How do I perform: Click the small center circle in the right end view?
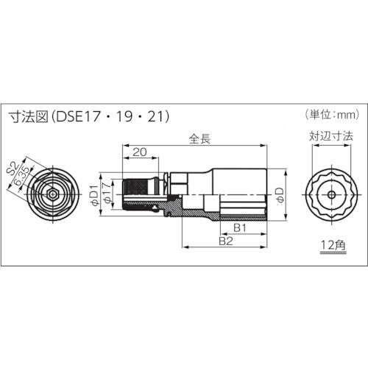332,194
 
